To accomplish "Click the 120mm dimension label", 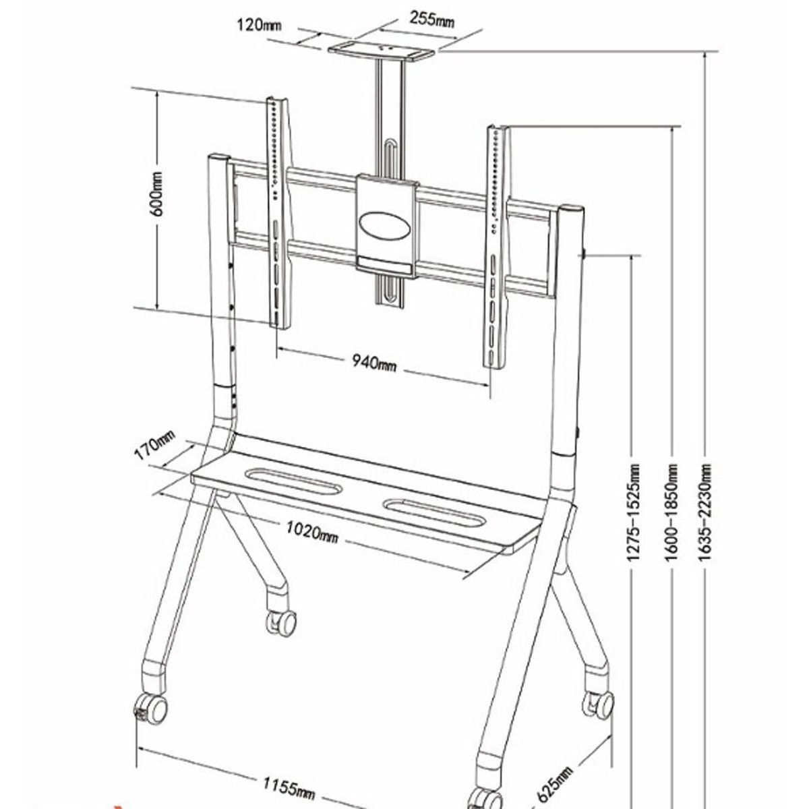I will tap(258, 26).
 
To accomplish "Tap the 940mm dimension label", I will tap(372, 363).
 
